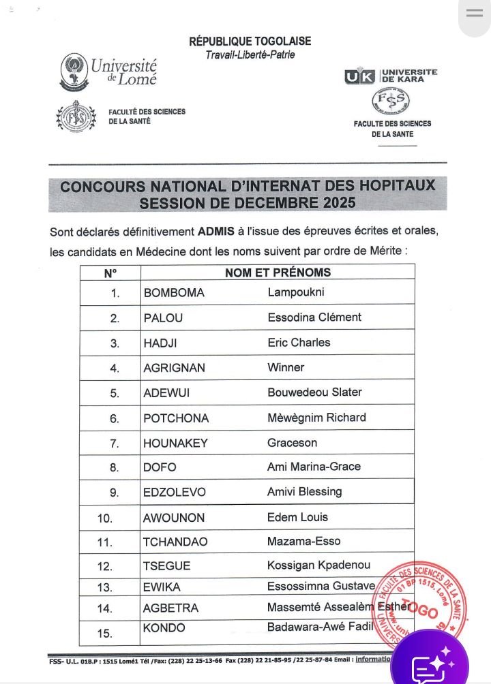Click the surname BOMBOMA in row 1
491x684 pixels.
click(x=174, y=293)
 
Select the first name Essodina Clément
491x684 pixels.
click(x=314, y=317)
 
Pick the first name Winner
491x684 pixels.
click(x=286, y=367)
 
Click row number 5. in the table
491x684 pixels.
click(x=115, y=393)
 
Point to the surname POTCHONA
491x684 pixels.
click(x=176, y=418)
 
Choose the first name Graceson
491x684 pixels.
click(x=292, y=443)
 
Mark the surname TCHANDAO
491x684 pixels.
click(x=175, y=542)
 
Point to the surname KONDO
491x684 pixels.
click(x=164, y=628)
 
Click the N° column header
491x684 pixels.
click(x=110, y=273)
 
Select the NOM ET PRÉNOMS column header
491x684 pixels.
click(x=278, y=273)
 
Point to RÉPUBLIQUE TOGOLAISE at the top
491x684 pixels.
click(x=250, y=42)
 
